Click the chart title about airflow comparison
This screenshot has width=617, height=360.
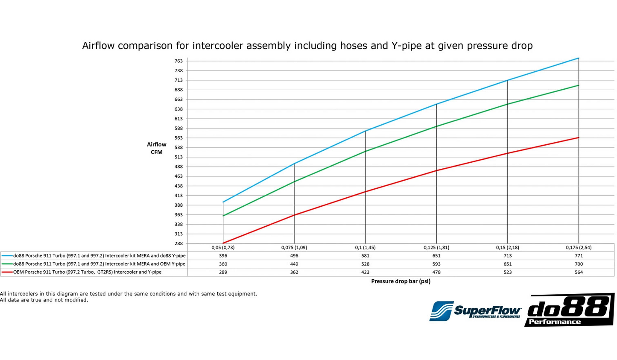point(307,46)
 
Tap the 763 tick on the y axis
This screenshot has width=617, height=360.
point(178,61)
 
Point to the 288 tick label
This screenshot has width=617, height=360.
point(178,243)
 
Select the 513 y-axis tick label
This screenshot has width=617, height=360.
point(178,157)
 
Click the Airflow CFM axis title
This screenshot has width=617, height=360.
point(157,148)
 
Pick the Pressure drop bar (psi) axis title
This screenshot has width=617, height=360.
point(401,281)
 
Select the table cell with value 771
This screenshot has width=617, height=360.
point(579,256)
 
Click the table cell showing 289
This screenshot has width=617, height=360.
point(223,272)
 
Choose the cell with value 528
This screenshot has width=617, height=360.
point(365,264)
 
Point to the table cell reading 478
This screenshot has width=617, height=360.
point(436,272)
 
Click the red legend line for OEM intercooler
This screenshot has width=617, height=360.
point(7,272)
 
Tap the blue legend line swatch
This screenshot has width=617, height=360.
point(7,256)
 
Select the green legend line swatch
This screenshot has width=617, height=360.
point(7,264)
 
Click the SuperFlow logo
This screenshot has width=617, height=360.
point(475,311)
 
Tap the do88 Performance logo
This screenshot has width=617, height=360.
point(569,310)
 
